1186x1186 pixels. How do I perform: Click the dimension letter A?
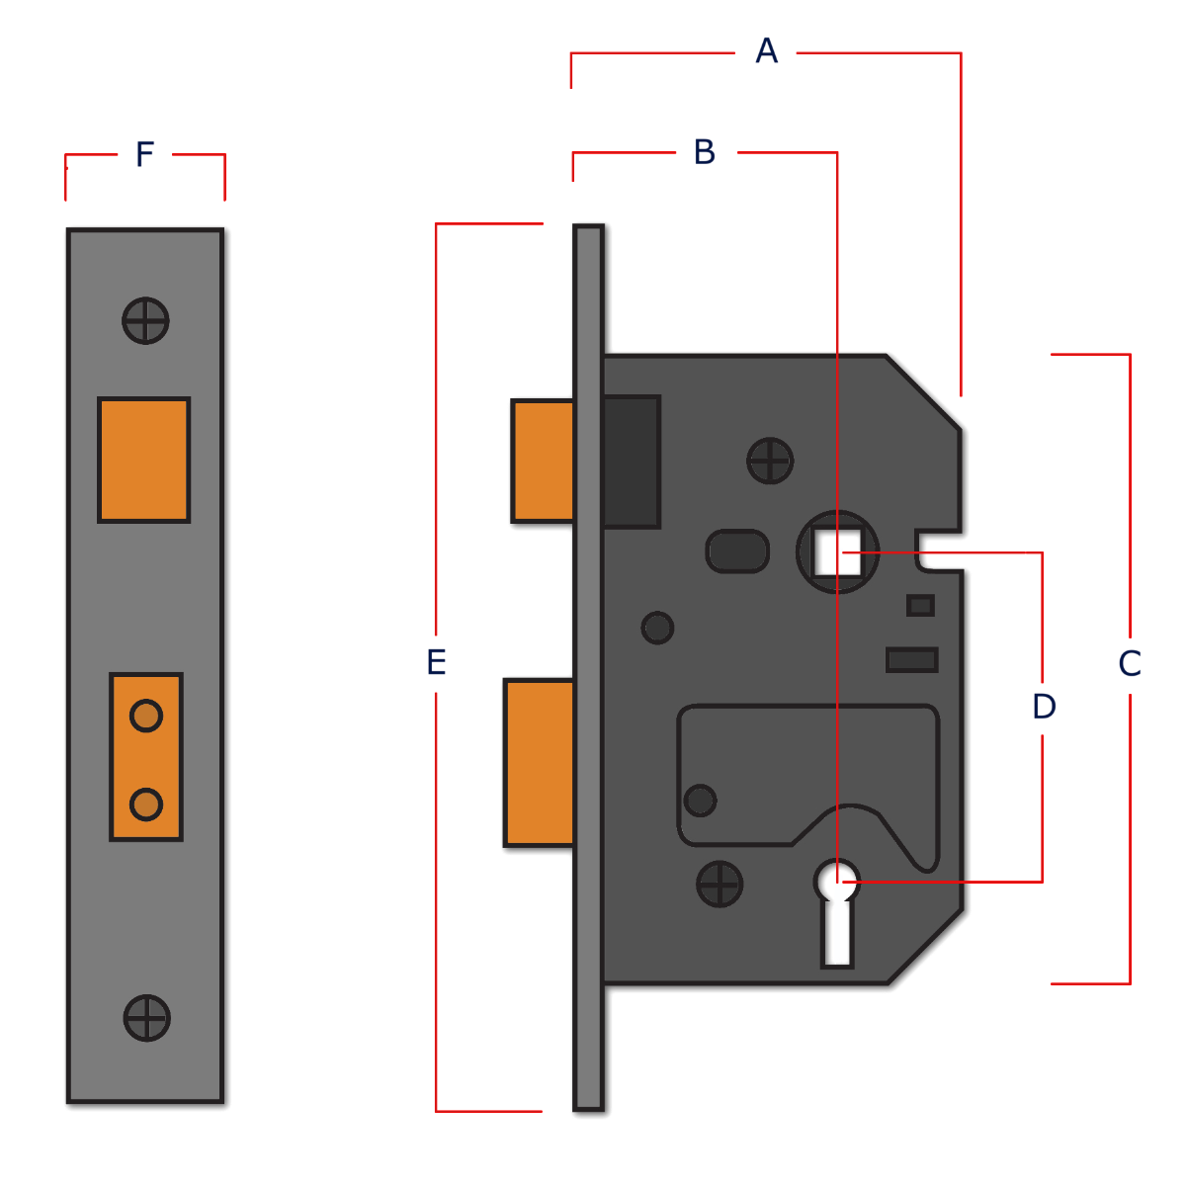click(x=766, y=50)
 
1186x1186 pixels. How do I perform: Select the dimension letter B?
click(x=704, y=153)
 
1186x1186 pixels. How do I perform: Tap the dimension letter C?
click(x=1131, y=664)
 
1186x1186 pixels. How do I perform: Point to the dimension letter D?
click(x=1044, y=707)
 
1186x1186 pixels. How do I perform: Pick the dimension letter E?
click(x=436, y=664)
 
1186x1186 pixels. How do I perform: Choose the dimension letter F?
click(x=144, y=155)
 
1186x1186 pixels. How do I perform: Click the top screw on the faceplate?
click(x=146, y=320)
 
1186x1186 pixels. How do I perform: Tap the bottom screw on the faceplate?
click(x=146, y=1017)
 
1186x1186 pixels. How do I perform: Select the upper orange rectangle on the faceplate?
click(x=143, y=460)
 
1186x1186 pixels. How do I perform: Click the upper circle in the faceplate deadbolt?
click(x=146, y=715)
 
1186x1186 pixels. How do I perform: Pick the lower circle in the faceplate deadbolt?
click(x=146, y=804)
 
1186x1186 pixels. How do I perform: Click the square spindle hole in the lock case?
click(x=838, y=551)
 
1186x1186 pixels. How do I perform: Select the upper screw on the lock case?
click(x=770, y=461)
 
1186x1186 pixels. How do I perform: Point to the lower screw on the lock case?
click(x=720, y=883)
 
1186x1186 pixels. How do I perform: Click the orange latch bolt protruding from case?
click(x=541, y=461)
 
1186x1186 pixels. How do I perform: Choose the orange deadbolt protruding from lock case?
click(x=539, y=762)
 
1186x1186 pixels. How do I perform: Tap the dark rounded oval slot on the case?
click(x=737, y=551)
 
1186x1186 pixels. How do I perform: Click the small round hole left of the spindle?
click(x=657, y=627)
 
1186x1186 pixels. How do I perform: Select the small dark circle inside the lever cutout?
click(x=701, y=799)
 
